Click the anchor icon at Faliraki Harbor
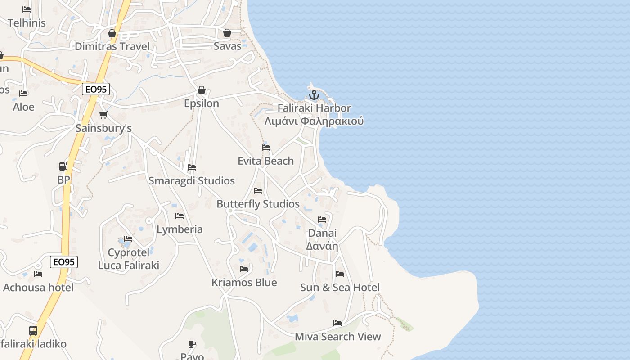(314, 95)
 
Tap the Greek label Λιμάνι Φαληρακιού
(314, 121)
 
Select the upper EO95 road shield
(96, 89)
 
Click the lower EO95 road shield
(64, 261)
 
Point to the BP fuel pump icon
(63, 166)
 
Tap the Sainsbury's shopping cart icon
(103, 115)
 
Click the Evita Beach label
(265, 161)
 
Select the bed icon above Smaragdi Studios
(192, 167)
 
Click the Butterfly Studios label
(258, 204)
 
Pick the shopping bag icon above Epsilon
(202, 90)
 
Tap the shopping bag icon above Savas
(227, 33)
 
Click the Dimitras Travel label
(112, 46)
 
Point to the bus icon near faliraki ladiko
(33, 331)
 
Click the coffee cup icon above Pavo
(192, 344)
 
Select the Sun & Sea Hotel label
(340, 287)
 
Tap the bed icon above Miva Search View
(337, 323)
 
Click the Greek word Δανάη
(322, 246)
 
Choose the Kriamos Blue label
(244, 282)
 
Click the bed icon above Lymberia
(180, 216)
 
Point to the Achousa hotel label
(38, 287)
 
